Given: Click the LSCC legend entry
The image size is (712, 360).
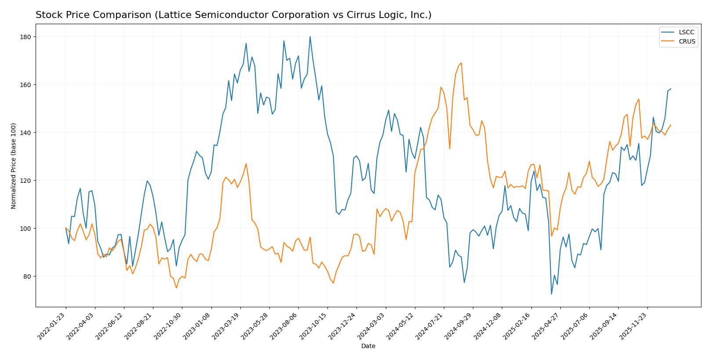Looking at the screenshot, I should click(687, 33).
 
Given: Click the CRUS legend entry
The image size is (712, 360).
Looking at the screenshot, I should click(687, 42).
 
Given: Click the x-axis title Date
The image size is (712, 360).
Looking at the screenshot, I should click(368, 346).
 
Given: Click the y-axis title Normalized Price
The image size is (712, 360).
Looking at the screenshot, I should click(13, 166).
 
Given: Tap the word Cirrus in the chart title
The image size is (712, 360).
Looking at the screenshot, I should click(340, 15).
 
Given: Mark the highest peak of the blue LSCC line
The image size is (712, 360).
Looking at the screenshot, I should click(310, 36).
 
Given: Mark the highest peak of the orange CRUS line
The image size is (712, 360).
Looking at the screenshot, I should click(461, 62).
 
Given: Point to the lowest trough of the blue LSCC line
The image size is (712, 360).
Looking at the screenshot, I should click(552, 294).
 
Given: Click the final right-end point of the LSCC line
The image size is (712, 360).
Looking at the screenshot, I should click(671, 89).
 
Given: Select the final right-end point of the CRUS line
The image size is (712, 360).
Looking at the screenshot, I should click(671, 125).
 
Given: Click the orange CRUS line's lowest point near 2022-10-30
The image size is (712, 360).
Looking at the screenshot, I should click(176, 288).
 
